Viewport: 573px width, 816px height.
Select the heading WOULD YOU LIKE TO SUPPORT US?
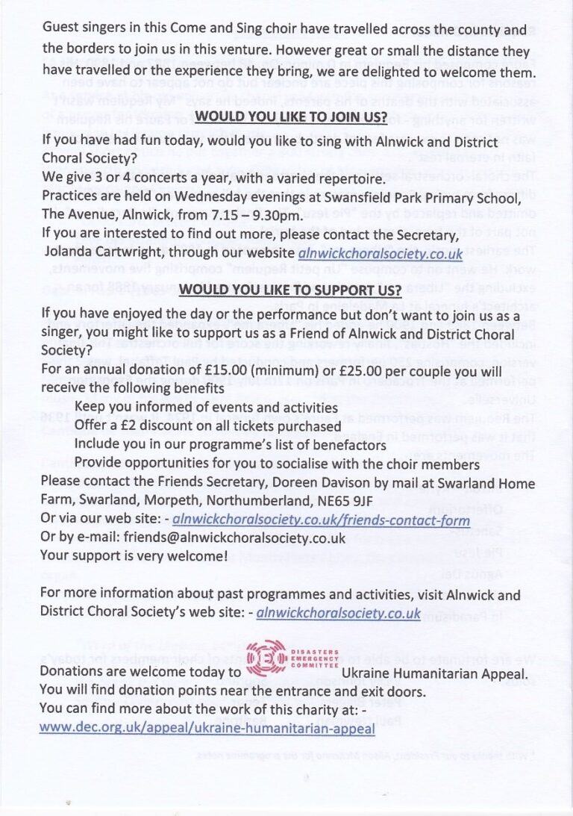click(291, 289)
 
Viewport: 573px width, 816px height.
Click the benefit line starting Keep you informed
click(206, 407)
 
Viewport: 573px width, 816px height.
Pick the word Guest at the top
click(60, 29)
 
